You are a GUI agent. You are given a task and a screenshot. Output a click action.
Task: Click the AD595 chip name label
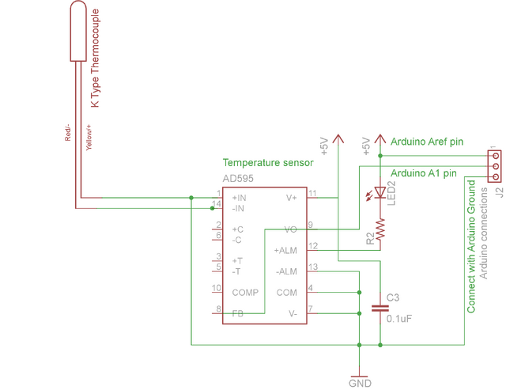[238, 179]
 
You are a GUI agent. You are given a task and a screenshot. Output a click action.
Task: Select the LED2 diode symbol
[379, 193]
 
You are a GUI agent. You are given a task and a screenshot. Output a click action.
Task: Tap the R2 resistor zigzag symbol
[380, 229]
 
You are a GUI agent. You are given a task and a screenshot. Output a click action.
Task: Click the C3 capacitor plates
[380, 309]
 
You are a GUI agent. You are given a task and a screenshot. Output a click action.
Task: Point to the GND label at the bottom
[360, 384]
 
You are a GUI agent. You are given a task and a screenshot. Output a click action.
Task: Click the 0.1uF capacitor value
[399, 319]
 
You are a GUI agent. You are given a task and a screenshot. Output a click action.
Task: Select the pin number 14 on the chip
[216, 204]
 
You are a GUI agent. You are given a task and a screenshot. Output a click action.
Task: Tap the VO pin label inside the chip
[290, 229]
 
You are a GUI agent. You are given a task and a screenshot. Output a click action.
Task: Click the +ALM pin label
[285, 251]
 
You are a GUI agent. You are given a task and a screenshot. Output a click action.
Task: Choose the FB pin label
[238, 313]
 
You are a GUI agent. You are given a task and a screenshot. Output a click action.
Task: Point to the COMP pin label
[245, 293]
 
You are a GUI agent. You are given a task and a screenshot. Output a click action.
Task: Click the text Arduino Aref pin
[427, 142]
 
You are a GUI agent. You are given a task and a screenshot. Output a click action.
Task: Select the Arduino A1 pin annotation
[424, 173]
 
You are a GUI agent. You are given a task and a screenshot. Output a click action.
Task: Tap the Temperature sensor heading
[268, 162]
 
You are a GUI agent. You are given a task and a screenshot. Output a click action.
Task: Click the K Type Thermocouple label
[95, 58]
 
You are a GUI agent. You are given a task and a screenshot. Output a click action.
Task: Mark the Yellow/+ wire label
[89, 137]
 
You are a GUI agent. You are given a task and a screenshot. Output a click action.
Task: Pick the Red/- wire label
[67, 132]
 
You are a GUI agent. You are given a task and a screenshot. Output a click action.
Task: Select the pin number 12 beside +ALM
[313, 246]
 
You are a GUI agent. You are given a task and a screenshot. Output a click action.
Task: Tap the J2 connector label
[499, 192]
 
